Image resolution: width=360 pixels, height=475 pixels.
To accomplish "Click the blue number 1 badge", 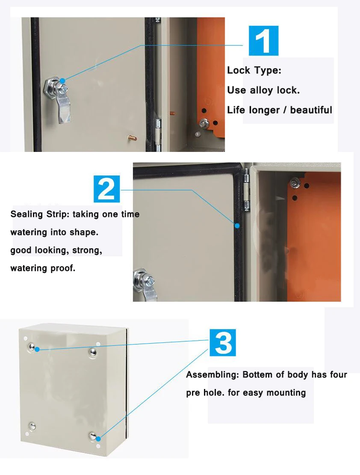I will (x=263, y=41).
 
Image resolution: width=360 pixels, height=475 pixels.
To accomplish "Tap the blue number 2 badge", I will (x=106, y=189).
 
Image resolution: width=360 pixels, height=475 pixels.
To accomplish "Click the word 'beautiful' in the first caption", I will (x=311, y=110).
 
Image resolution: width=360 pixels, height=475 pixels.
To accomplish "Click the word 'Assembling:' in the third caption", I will (x=212, y=375).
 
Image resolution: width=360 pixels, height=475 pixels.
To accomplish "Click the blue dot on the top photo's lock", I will (x=62, y=81).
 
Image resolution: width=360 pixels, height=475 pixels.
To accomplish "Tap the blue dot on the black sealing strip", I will (x=236, y=225).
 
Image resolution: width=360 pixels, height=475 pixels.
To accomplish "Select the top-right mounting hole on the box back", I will (x=92, y=351).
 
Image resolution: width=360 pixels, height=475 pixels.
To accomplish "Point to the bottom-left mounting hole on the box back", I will (x=32, y=426).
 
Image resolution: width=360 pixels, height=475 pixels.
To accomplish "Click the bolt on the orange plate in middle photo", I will (x=294, y=184).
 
